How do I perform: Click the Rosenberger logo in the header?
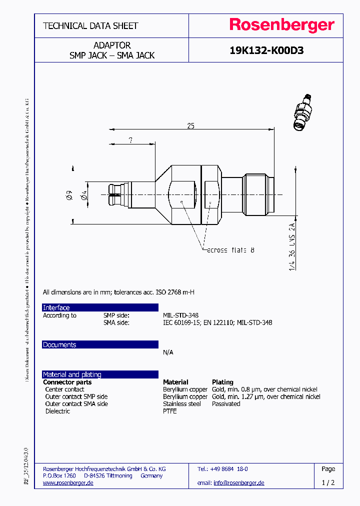282,25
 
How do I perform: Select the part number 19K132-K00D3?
266,50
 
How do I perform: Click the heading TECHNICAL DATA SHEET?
90,26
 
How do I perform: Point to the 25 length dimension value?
190,126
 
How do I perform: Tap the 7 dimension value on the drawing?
130,140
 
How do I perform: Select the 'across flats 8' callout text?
230,249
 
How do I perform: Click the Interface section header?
56,307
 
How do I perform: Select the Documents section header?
59,345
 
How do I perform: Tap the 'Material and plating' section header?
72,374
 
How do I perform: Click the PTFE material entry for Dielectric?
170,411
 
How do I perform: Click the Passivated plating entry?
226,404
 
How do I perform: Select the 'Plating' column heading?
222,382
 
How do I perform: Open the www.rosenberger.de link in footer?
68,483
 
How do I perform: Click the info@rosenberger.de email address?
239,483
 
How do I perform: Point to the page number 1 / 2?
328,483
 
